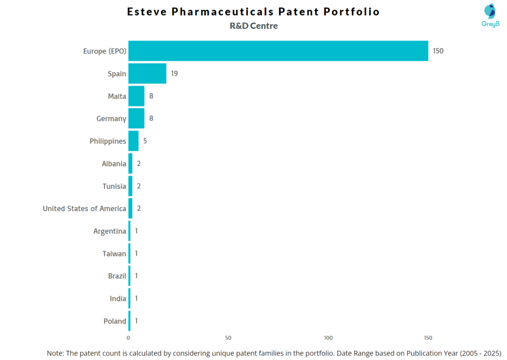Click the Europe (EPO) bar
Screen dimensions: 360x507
point(278,51)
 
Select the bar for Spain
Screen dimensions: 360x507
point(147,74)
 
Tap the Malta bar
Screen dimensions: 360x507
point(136,96)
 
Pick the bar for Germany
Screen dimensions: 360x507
point(136,118)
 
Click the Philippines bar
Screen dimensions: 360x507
point(133,141)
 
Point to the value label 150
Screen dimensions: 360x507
point(438,51)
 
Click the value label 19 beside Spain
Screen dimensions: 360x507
point(174,74)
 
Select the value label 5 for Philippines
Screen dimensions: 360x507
point(145,141)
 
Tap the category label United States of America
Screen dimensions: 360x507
point(84,208)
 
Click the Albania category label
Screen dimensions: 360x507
point(114,163)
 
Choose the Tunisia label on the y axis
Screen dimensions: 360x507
point(114,186)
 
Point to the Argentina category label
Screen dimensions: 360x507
point(109,231)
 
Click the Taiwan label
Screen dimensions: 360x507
point(114,254)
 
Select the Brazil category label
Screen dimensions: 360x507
point(117,276)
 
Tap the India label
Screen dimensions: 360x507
point(118,299)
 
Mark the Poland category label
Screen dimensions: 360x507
point(115,321)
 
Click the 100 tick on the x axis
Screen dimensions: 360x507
point(328,338)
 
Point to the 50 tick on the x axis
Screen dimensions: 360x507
point(228,338)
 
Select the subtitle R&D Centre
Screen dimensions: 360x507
point(253,26)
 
